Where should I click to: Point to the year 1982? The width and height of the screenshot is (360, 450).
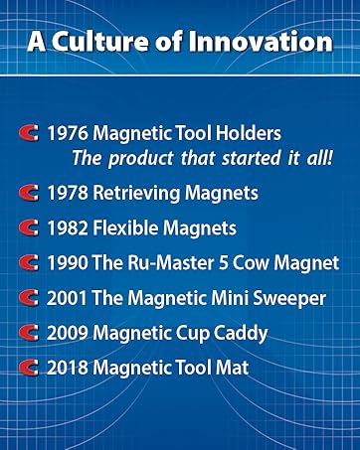[66, 227]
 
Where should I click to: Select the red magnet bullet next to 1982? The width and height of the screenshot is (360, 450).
[30, 228]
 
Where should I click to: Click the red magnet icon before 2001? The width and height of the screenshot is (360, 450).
[30, 297]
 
